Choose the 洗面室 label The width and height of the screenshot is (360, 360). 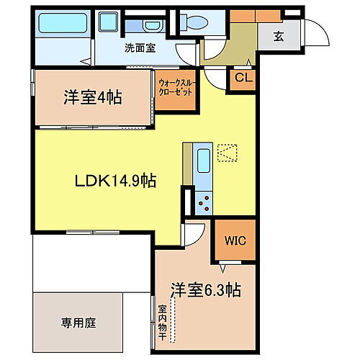pos(138,49)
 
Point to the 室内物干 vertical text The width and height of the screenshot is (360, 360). pos(163,323)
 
